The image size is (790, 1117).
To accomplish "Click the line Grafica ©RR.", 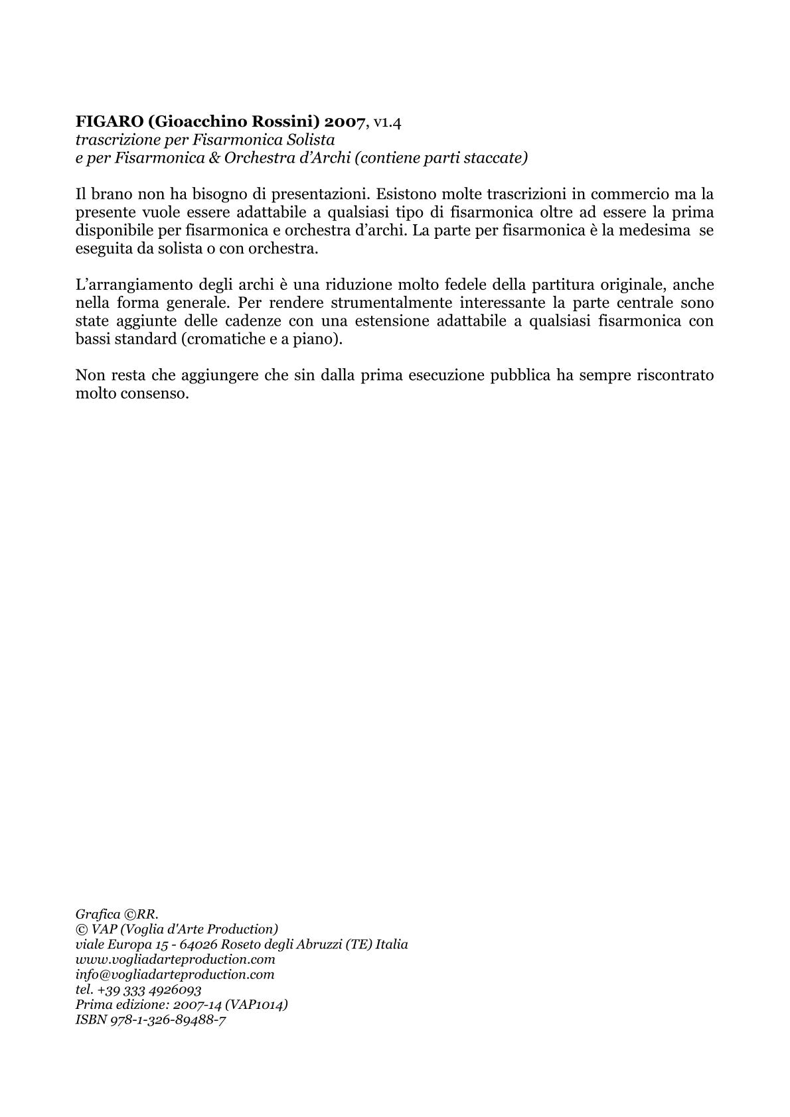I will (x=117, y=915).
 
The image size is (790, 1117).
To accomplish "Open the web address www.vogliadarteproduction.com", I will (x=175, y=960).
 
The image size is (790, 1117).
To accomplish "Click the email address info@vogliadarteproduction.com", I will (x=175, y=975).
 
